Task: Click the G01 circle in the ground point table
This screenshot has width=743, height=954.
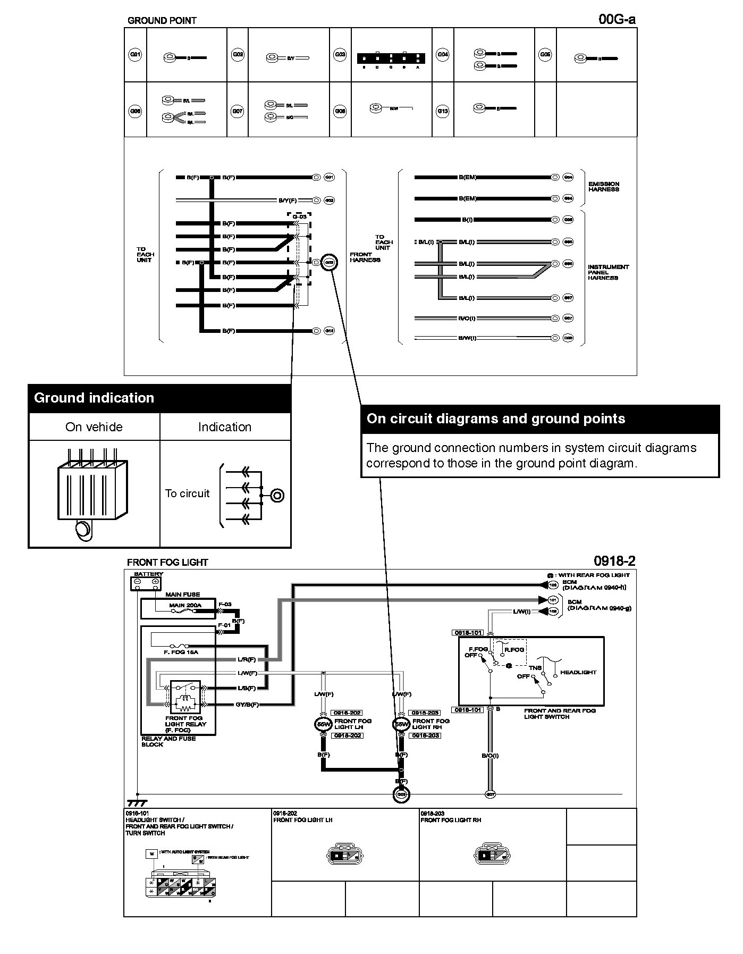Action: (136, 54)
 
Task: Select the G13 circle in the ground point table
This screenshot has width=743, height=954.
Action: (443, 111)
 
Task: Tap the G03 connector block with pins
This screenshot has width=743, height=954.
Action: (391, 58)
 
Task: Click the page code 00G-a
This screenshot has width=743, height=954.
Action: (617, 20)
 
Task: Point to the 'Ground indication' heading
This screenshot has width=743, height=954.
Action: (94, 398)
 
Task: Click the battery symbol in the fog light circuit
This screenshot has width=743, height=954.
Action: (146, 583)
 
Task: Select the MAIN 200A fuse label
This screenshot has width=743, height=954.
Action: (185, 605)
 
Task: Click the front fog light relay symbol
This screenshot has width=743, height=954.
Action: (185, 697)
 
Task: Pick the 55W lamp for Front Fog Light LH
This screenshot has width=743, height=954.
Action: (323, 724)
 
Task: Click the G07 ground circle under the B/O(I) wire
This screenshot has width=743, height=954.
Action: (491, 794)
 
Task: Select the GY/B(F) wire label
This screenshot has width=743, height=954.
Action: (247, 705)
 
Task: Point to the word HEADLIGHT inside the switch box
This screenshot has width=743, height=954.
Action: (578, 672)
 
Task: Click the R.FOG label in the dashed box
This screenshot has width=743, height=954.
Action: (514, 649)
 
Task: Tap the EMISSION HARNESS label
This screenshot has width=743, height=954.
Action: (604, 187)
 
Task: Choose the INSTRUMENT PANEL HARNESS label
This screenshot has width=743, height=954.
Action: (608, 272)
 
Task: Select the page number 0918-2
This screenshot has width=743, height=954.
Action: (614, 561)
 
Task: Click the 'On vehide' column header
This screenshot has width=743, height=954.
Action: (94, 427)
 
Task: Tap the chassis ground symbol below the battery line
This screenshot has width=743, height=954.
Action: (137, 803)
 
